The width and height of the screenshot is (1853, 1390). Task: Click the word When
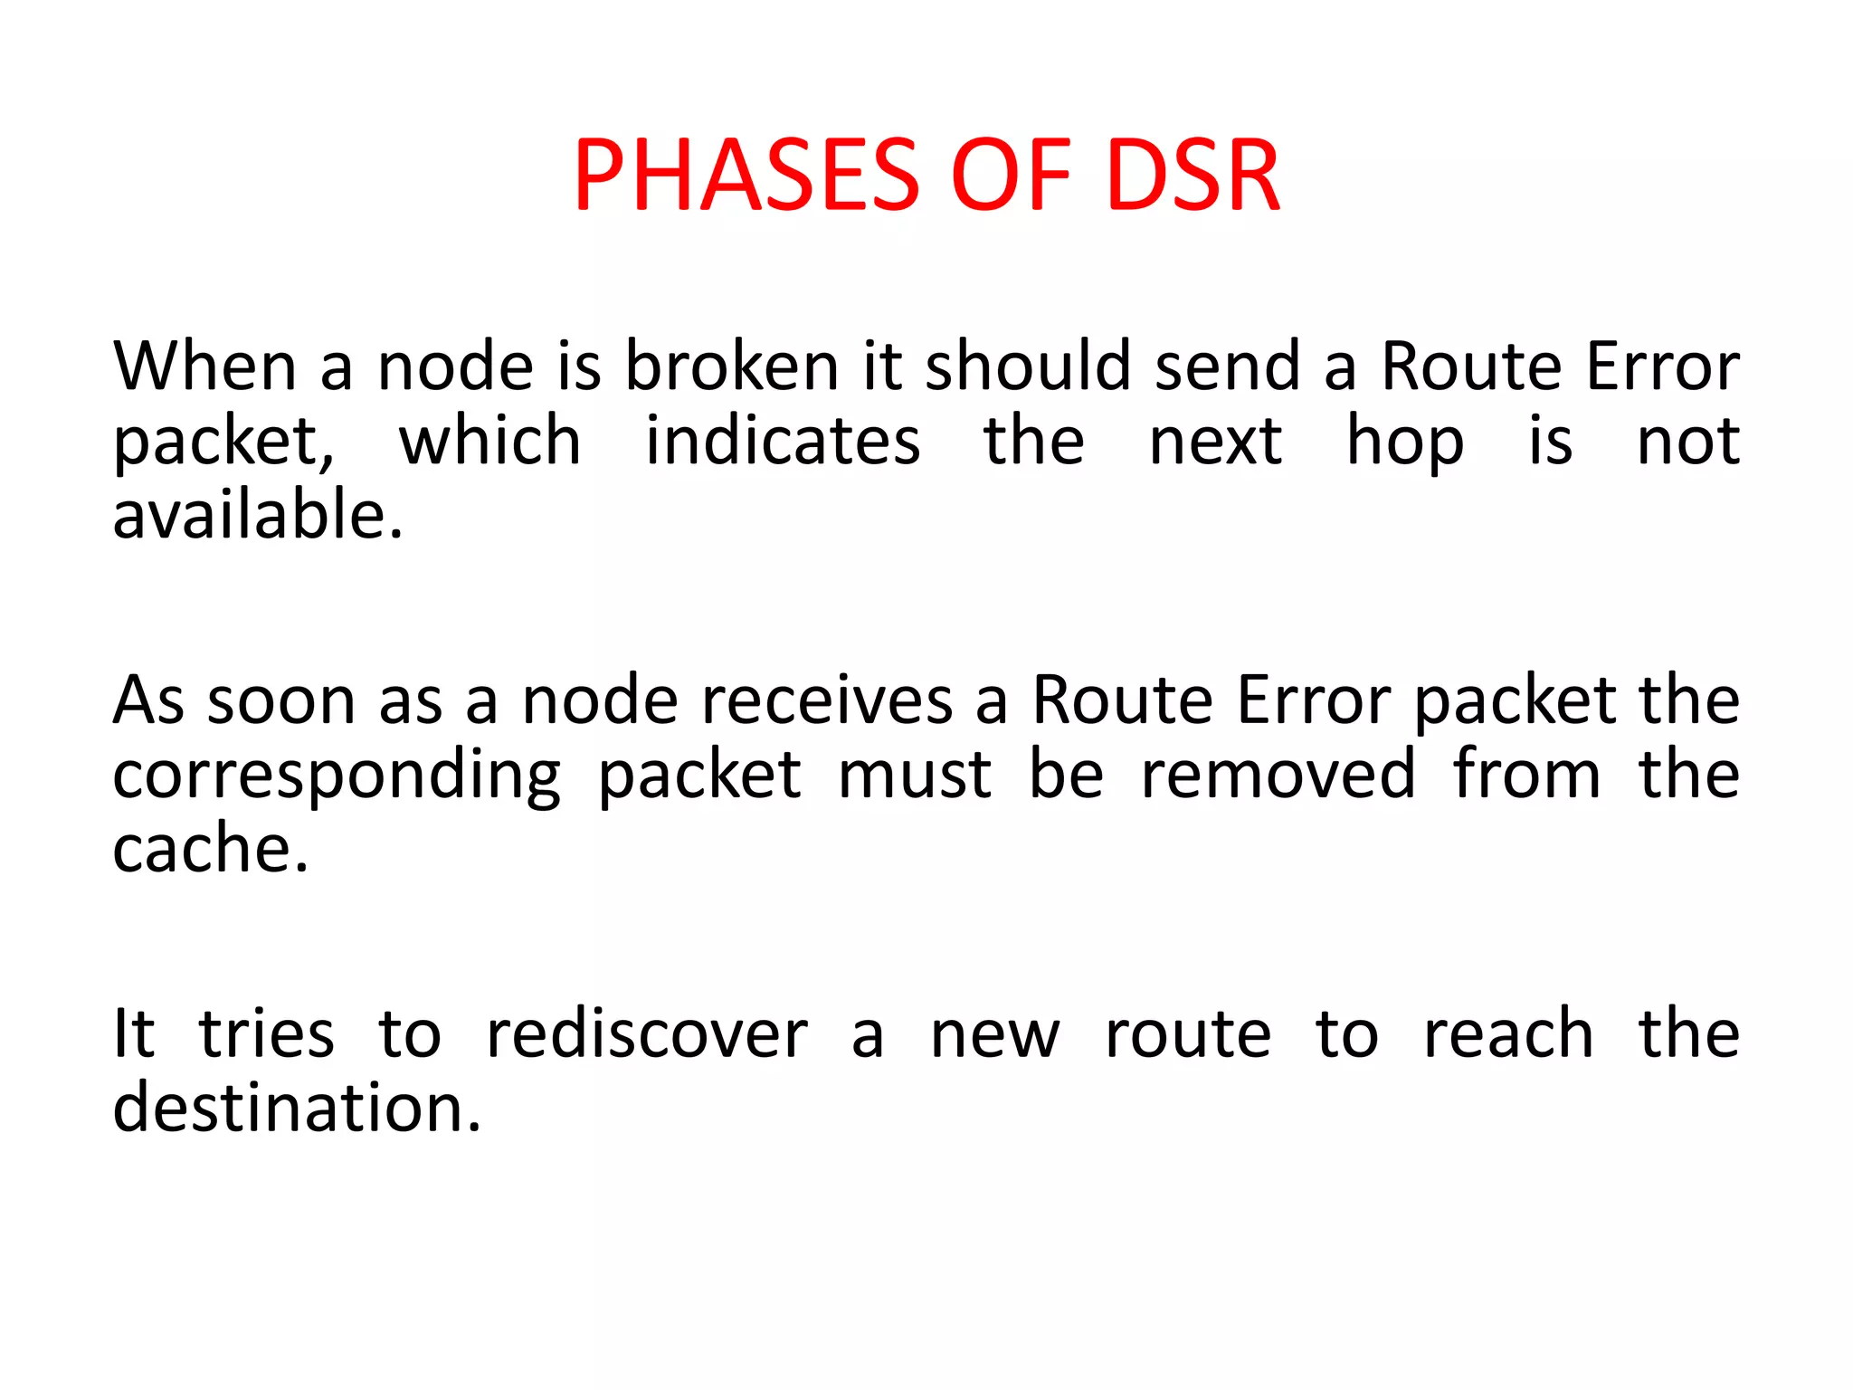[x=204, y=366]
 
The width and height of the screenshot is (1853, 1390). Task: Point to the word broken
[x=732, y=366]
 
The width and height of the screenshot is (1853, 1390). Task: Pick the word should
[x=1028, y=366]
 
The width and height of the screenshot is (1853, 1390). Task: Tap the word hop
[x=1404, y=443]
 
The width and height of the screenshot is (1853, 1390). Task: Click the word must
[x=915, y=776]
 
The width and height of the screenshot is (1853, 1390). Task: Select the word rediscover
[x=647, y=1033]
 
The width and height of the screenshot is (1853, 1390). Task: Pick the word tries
[x=266, y=1033]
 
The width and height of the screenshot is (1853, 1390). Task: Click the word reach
[x=1508, y=1033]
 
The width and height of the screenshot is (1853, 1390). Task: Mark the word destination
[x=296, y=1108]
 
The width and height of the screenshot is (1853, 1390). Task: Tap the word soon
[x=280, y=700]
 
